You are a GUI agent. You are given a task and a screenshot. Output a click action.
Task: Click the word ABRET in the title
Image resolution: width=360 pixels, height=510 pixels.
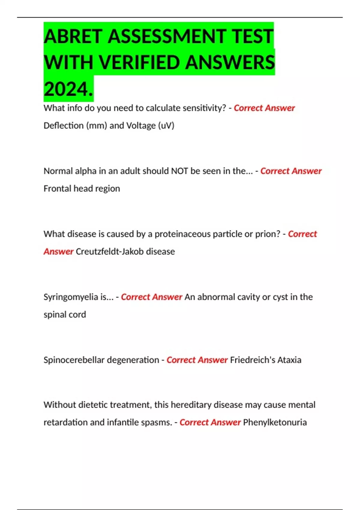[73, 37]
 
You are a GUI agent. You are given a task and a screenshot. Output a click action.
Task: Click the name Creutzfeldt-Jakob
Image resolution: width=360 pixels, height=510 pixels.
[110, 251]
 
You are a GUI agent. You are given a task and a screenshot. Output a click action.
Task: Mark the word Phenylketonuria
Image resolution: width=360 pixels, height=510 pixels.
[275, 422]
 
